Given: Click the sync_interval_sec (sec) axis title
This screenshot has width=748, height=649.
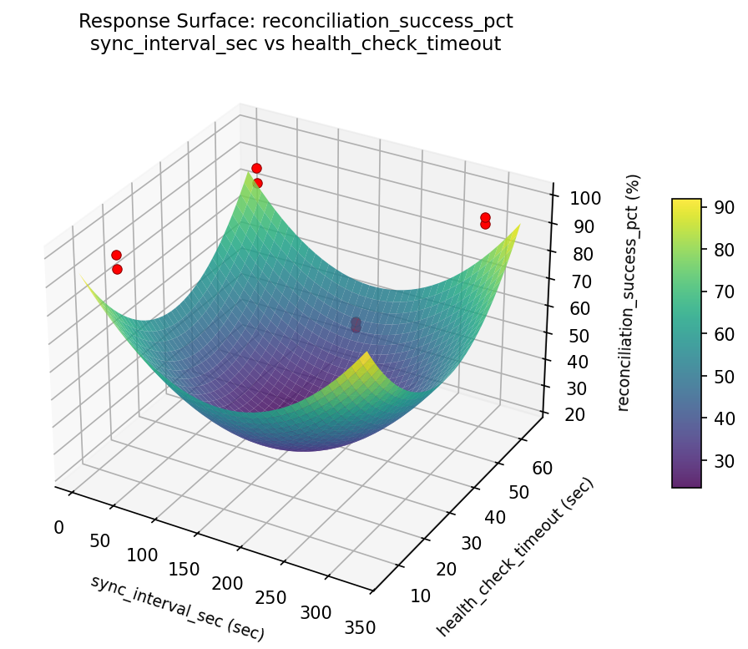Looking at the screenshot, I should coord(177,608).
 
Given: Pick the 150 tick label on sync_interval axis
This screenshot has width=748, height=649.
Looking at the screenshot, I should coord(184,570).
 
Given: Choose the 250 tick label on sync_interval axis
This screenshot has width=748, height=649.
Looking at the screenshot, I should coord(270,598).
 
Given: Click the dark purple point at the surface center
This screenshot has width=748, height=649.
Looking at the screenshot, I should coord(356,323).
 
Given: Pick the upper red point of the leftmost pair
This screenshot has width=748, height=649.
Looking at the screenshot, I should coord(116,255).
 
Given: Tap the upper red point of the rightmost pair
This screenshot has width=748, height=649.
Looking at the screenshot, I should coord(485,218).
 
